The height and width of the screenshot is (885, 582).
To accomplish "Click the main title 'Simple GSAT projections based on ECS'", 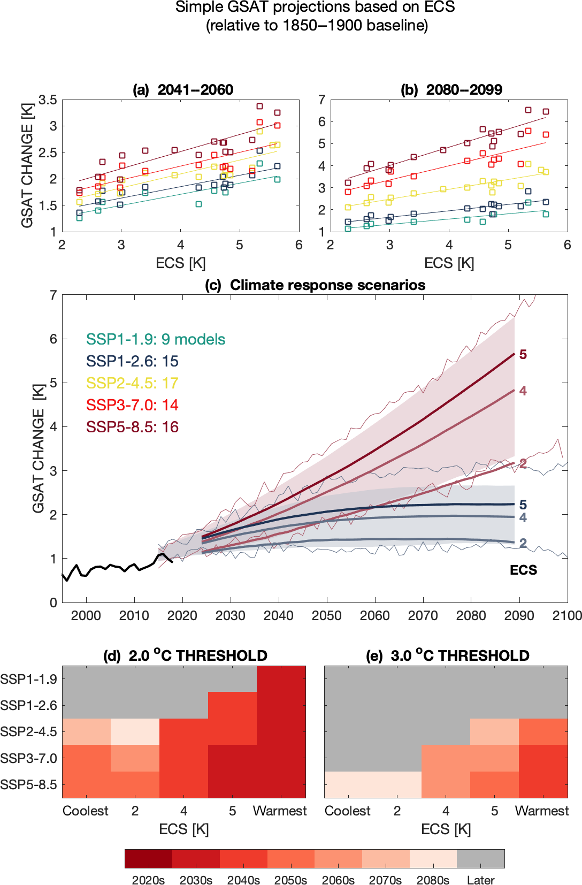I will pos(315,7).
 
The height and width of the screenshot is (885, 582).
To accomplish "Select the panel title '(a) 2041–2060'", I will pos(183,89).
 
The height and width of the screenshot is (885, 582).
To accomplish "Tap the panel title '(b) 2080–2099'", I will pos(451,89).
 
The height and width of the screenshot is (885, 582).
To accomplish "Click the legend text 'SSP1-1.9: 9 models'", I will pos(156,339).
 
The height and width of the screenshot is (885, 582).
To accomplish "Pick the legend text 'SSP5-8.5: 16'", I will pos(132,427).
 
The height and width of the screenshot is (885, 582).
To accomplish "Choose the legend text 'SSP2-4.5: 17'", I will pos(132,383).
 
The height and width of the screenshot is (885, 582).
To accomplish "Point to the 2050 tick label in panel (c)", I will pos(326,615).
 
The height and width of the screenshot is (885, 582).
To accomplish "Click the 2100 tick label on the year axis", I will pos(567,615).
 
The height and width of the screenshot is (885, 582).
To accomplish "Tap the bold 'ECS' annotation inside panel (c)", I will pos(523,570).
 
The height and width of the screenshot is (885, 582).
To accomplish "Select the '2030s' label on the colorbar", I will pos(196,880).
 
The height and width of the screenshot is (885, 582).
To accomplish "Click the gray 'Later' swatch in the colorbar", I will pos(480,858).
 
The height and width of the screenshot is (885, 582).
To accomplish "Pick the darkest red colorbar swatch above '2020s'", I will pos(148,858).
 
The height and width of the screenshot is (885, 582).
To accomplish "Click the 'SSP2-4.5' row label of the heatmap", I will pos(28,732).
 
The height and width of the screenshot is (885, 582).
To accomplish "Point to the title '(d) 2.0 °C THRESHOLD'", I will pos(185,655).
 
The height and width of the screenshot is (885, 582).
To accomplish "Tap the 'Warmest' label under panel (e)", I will pos(541,811).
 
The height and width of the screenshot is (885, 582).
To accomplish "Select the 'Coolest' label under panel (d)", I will pos(86,811).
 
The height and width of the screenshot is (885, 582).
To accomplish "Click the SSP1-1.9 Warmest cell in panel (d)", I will pos(281,679).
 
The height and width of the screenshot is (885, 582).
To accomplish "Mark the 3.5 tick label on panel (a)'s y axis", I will pos(48,100).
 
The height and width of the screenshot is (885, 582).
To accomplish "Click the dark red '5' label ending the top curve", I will pos(523,355).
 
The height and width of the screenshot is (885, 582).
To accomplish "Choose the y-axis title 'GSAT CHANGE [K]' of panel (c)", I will pos(39,448).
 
